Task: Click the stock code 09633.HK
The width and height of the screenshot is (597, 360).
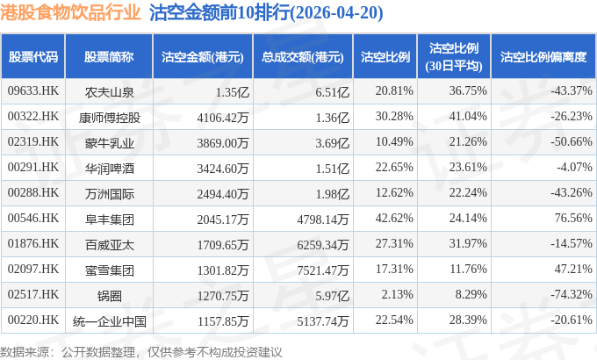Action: (33, 91)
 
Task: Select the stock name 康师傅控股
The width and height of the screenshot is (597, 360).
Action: (109, 118)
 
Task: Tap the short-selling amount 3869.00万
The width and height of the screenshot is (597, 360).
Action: (223, 143)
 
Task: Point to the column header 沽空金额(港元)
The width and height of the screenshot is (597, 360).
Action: (203, 57)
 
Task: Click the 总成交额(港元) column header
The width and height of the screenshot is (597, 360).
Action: (303, 57)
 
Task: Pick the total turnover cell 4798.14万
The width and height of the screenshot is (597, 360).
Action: (323, 219)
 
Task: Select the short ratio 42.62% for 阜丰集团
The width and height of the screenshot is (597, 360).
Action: (394, 219)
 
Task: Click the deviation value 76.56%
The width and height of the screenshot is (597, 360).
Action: (573, 219)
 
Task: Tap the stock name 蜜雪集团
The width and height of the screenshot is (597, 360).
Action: (109, 270)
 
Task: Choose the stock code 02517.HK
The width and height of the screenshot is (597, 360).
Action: (33, 294)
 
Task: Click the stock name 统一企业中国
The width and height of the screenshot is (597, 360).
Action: (109, 321)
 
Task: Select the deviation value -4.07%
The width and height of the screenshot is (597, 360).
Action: (574, 167)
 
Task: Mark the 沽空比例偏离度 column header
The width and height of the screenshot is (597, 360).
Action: (543, 57)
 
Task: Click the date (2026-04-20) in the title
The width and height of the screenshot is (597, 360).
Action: (336, 13)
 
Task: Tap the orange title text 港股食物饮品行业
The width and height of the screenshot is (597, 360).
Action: (70, 12)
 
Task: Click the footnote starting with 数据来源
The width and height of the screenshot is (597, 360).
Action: (140, 352)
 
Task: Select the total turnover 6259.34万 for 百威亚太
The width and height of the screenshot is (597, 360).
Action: (323, 245)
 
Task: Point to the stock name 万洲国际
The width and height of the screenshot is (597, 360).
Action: (109, 194)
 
